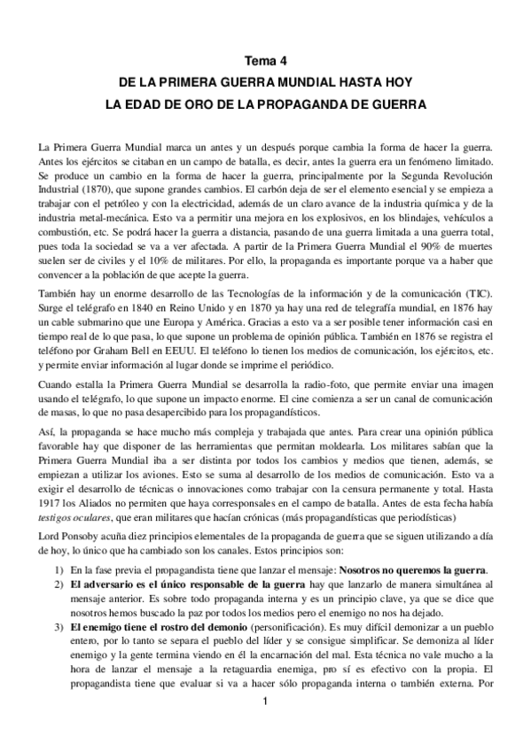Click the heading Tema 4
coord(265,62)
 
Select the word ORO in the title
coord(197,104)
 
